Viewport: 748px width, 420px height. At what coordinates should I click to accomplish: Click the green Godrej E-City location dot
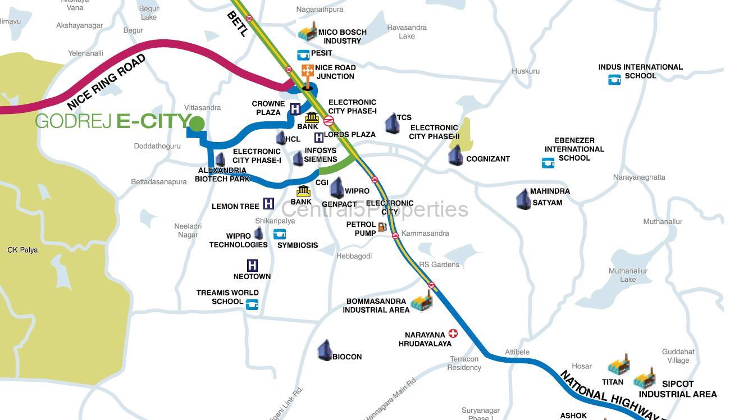(197, 124)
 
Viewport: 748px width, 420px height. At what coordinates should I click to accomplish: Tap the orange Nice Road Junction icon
(307, 71)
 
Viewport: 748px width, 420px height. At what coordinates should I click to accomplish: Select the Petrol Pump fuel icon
(382, 227)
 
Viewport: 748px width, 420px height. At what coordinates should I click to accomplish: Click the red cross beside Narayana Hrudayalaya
(453, 334)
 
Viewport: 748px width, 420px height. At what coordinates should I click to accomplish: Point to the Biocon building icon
(325, 350)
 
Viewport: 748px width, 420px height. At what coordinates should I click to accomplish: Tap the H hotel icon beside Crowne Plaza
(295, 109)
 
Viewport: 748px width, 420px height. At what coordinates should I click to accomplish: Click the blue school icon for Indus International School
(614, 80)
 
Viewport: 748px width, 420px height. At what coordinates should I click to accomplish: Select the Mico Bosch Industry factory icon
(308, 32)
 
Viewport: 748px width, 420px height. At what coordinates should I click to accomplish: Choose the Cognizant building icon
(455, 156)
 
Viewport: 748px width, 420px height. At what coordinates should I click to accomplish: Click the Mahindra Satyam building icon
(523, 199)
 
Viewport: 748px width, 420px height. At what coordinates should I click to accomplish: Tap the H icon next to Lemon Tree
(268, 204)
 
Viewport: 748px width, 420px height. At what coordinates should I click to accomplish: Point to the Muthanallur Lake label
(628, 275)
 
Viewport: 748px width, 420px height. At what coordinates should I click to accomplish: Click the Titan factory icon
(619, 366)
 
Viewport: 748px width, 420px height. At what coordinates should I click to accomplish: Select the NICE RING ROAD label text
(106, 82)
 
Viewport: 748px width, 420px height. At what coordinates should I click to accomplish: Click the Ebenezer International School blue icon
(548, 163)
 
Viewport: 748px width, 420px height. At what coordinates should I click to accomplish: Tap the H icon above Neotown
(252, 265)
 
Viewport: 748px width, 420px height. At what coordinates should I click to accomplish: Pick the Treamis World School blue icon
(252, 304)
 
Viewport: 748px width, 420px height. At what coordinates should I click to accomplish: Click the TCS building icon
(391, 124)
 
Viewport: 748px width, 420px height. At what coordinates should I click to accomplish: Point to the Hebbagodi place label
(354, 256)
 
